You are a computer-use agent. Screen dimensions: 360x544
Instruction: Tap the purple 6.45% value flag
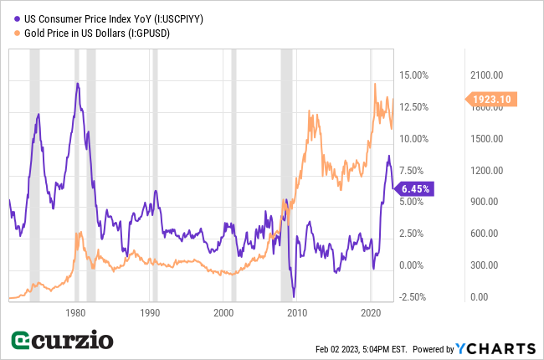414,189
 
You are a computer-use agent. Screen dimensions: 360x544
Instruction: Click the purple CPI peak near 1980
77,83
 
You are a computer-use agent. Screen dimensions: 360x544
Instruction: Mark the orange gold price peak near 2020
375,84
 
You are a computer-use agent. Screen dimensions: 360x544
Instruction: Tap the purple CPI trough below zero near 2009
294,296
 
